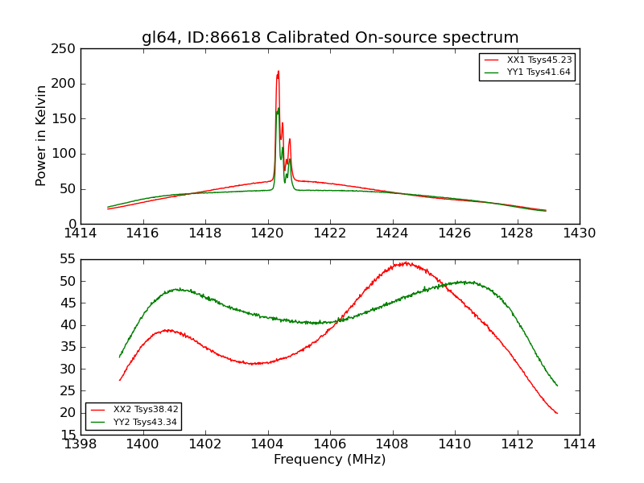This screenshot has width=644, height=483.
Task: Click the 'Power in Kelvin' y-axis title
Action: pos(42,136)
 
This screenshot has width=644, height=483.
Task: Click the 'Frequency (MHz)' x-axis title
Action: pos(329,460)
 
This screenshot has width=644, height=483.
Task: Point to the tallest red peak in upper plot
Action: pos(279,72)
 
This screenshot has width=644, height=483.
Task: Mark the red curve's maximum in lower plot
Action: pos(406,262)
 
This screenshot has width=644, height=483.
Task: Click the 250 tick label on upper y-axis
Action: pos(66,49)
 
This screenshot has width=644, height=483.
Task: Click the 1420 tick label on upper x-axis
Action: pos(267,233)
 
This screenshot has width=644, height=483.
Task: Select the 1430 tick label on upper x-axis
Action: pos(579,233)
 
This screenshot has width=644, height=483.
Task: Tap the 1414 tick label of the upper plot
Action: pos(80,233)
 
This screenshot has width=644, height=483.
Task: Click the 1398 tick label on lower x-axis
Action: pos(80,444)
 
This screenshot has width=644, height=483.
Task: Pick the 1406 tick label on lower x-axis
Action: pos(330,444)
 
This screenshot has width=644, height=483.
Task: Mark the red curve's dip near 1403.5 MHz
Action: pos(253,364)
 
